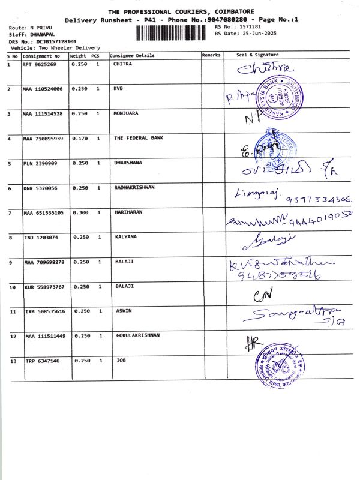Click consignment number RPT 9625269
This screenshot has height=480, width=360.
(40, 64)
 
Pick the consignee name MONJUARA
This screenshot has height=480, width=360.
(125, 113)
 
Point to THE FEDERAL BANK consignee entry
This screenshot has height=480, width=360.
(138, 138)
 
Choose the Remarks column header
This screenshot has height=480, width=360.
(211, 55)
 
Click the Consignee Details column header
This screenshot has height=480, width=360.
(132, 55)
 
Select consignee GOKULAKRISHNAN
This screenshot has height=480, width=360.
(138, 335)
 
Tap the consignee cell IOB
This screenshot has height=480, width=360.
(121, 361)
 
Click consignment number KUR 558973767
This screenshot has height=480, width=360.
(44, 287)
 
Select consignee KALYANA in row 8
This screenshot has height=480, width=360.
(126, 237)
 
